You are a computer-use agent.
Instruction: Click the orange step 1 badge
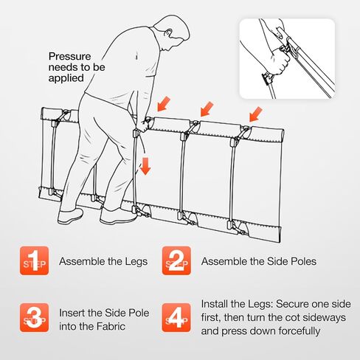click(34, 260)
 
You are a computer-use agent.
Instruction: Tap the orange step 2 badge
click(176, 260)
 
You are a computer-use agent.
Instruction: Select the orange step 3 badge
click(34, 317)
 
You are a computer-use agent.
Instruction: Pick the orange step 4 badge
click(176, 317)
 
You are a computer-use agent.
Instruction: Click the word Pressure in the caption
click(70, 57)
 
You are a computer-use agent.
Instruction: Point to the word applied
click(66, 78)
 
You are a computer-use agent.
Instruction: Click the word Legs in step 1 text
click(136, 261)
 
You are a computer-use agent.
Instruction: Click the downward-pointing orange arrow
click(145, 166)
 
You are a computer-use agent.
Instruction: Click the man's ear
click(169, 33)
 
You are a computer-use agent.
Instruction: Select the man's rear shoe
click(70, 216)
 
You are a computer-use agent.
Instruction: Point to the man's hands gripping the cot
click(145, 125)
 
